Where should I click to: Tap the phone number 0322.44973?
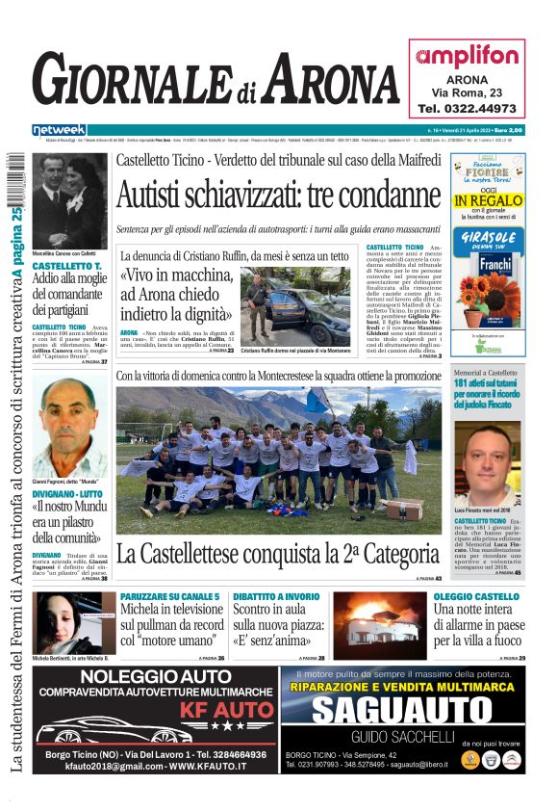click(x=467, y=109)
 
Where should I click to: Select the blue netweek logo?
click(x=60, y=130)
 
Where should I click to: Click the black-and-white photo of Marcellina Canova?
click(x=69, y=202)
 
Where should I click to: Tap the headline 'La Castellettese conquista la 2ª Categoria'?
click(x=278, y=555)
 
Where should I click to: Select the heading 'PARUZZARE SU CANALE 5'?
click(x=170, y=597)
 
